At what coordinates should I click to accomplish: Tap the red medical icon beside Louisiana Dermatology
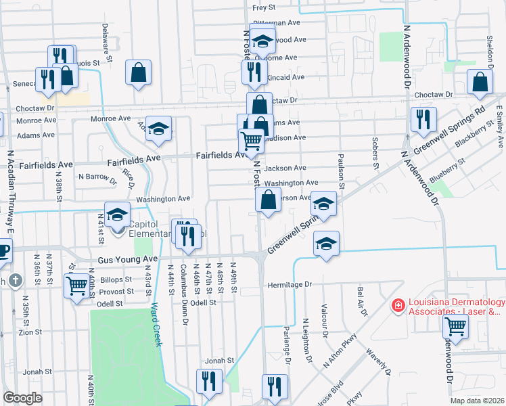(x=398, y=307)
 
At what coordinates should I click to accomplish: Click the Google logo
(x=22, y=398)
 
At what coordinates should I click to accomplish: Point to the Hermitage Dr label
(x=289, y=285)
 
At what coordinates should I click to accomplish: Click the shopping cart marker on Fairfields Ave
(x=251, y=141)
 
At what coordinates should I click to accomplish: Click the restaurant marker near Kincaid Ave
(x=253, y=72)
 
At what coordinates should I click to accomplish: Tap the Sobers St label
(x=374, y=152)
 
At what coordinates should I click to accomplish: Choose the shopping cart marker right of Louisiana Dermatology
(x=455, y=327)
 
